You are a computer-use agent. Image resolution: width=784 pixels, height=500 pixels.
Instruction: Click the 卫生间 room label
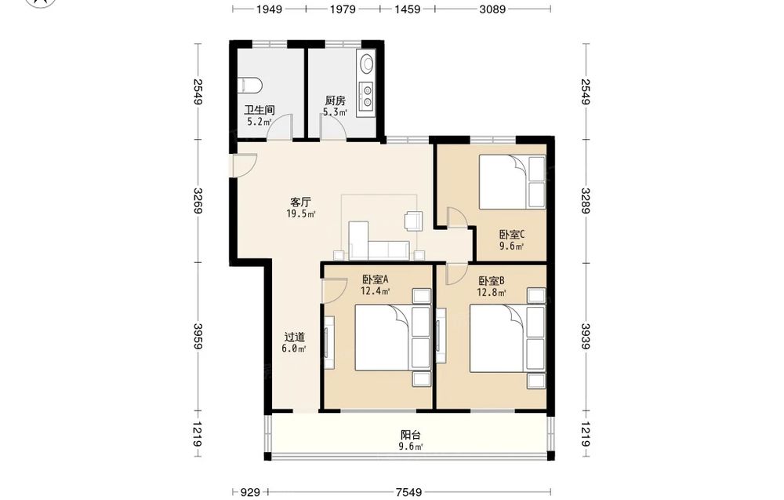click(x=259, y=110)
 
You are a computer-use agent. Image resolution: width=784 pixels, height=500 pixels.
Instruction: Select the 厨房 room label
click(x=335, y=100)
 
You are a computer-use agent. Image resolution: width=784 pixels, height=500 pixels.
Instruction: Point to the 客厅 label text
click(x=300, y=203)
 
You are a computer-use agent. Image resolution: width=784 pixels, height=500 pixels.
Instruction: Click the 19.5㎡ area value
click(x=300, y=214)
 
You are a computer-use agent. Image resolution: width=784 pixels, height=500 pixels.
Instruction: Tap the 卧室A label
click(x=375, y=279)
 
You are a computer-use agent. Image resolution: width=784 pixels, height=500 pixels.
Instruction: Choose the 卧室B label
click(x=491, y=281)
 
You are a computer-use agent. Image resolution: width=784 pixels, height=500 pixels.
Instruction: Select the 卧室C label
click(x=511, y=234)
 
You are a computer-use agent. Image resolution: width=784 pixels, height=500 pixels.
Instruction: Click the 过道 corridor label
click(x=294, y=338)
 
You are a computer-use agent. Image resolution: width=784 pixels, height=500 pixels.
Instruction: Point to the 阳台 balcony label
click(x=411, y=435)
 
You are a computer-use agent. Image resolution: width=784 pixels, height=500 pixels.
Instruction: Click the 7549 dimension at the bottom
click(x=408, y=492)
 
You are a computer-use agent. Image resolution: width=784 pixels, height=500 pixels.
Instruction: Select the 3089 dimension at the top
click(x=492, y=9)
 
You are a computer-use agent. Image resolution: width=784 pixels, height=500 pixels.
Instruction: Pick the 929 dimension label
click(x=251, y=492)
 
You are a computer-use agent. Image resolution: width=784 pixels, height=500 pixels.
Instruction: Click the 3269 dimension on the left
click(x=198, y=201)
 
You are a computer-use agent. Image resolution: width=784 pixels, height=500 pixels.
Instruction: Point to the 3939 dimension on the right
click(x=586, y=336)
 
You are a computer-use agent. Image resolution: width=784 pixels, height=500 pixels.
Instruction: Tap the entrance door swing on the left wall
click(x=245, y=165)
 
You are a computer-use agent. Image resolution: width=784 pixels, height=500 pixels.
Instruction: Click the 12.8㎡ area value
click(x=491, y=292)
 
